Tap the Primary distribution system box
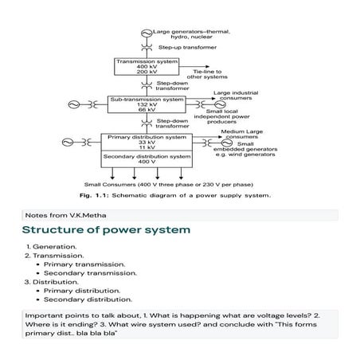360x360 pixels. (147, 143)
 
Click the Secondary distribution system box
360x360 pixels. (147, 159)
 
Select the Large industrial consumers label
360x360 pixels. (234, 96)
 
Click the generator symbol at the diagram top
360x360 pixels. (145, 10)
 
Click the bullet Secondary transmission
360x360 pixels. (90, 272)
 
